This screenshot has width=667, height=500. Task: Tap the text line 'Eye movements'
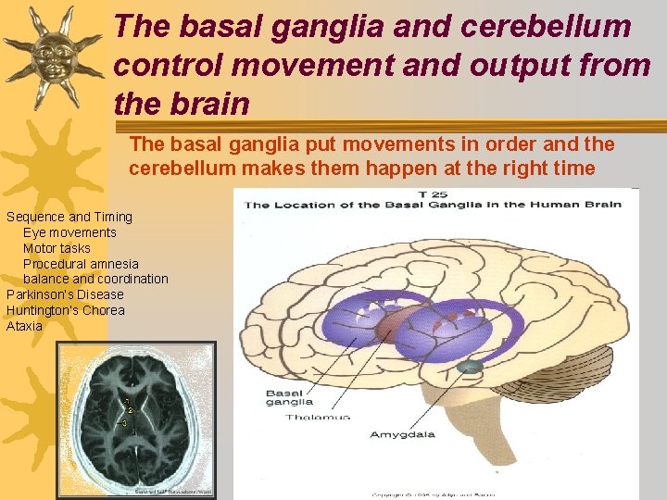coord(69,232)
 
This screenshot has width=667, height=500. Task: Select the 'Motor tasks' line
coord(57,248)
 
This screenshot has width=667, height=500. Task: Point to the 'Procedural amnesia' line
coord(81,264)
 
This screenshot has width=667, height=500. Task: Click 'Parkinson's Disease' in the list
coord(65,294)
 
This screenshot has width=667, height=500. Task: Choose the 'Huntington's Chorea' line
coord(65,310)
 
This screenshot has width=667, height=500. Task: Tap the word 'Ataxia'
coord(24,326)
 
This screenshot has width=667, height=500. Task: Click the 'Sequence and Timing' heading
coord(69,217)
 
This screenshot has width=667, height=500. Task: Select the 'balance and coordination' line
coord(95,279)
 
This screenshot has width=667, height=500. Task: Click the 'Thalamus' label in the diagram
coord(317,418)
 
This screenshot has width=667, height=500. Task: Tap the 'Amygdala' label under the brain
coord(402,433)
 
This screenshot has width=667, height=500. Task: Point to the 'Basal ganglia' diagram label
coord(290,397)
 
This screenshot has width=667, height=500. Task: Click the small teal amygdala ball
coord(471,367)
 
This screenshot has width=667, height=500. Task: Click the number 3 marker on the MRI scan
coord(124,422)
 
